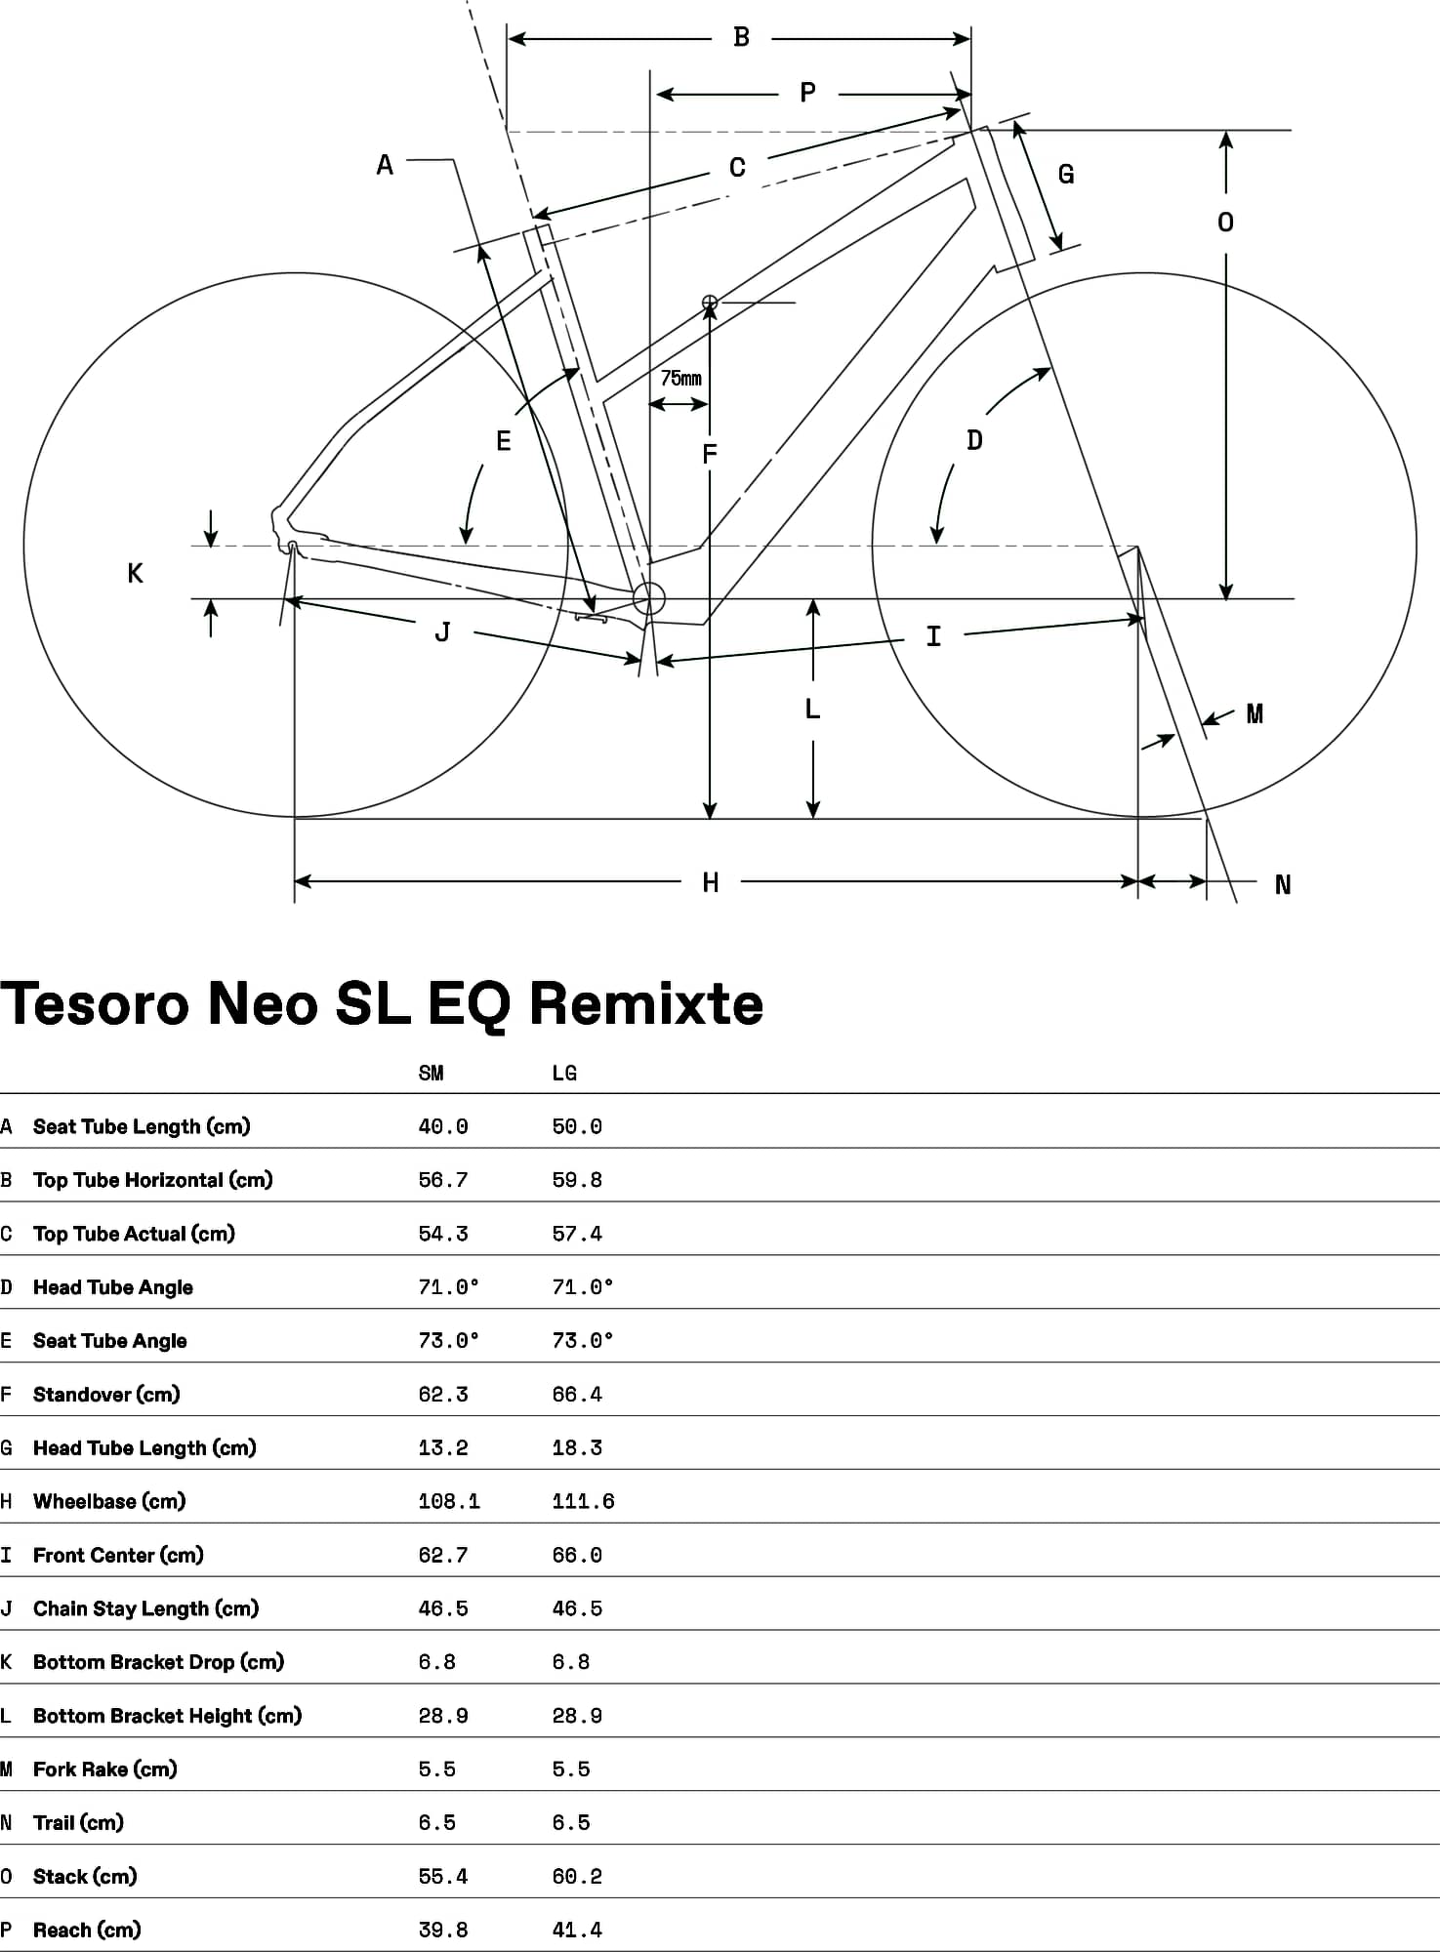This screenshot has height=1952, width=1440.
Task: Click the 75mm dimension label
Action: [680, 379]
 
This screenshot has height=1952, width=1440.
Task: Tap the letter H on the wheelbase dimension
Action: [711, 883]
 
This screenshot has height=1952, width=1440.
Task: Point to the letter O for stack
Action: [1225, 223]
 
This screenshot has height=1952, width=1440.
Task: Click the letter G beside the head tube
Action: [1066, 175]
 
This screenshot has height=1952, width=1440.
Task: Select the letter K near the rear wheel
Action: [136, 573]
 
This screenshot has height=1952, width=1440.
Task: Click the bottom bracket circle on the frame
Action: [649, 598]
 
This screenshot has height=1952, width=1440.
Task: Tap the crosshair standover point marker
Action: [710, 303]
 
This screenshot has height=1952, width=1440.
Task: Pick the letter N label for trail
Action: [1283, 885]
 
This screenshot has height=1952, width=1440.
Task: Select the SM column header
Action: [432, 1074]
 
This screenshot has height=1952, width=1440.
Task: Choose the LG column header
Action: [564, 1074]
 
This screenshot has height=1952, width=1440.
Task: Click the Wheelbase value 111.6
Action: [584, 1501]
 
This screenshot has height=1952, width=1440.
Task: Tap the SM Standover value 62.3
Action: [443, 1395]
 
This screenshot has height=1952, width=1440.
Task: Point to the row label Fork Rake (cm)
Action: [105, 1769]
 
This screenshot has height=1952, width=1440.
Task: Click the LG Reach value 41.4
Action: [577, 1930]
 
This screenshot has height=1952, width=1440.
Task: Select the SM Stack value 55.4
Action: [443, 1876]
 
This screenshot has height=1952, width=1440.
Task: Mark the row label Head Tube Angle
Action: [113, 1287]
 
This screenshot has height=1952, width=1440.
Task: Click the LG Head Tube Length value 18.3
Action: [577, 1448]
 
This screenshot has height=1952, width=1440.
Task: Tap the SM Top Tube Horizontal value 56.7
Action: [443, 1180]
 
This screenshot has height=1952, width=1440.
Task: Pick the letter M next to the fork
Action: [1255, 714]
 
